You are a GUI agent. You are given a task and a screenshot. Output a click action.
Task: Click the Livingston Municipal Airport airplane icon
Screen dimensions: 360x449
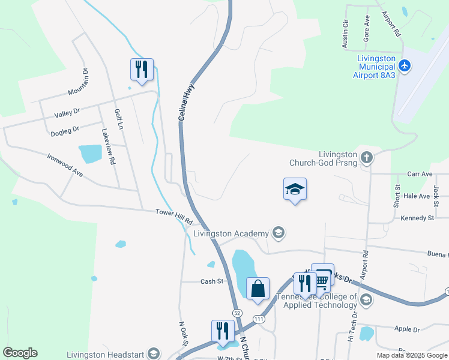pos(405,65)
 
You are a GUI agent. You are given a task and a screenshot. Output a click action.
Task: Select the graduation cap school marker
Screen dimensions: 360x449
pos(295,189)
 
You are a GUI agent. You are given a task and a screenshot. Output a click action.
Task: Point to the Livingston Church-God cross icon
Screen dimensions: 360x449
pos(367,158)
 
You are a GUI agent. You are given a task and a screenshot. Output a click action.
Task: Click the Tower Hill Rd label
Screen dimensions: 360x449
pos(173,214)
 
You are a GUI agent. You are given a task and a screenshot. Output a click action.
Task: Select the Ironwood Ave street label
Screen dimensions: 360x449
pos(65,164)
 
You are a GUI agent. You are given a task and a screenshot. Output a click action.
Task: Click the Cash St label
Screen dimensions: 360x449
pos(212,281)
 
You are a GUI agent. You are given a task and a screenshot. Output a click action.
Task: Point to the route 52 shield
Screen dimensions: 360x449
pos(238,313)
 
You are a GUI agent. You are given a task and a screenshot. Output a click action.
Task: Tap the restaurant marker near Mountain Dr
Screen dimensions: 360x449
pos(142,69)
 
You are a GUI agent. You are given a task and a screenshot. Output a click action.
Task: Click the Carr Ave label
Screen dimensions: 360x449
pos(420,174)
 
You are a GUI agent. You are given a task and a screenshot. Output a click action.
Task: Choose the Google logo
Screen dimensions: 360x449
pos(20,353)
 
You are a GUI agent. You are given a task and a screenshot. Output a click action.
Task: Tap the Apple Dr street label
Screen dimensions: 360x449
pos(407,329)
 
